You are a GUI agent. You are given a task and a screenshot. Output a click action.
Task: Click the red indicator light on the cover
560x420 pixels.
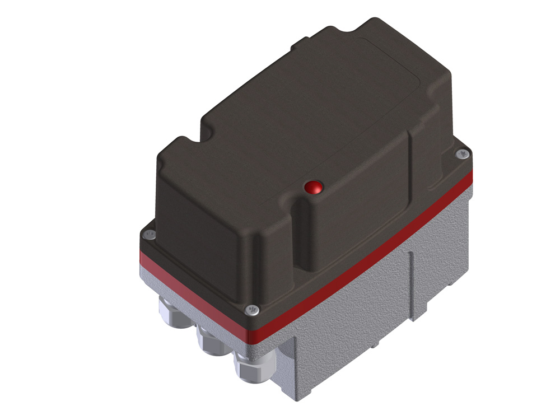313,187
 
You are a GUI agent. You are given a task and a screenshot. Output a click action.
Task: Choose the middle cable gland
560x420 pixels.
211,343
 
